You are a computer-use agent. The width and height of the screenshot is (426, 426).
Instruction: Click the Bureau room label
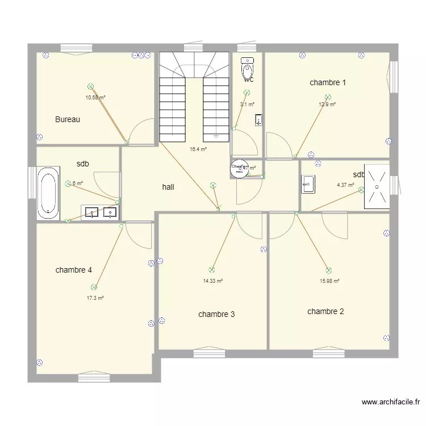(68, 119)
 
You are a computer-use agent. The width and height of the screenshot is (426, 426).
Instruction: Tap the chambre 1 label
(328, 82)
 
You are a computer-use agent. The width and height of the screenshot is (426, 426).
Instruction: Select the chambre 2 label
(325, 311)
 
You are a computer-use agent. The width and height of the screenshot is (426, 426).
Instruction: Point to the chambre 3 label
(216, 314)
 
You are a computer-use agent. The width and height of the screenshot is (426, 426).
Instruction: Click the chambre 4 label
(74, 270)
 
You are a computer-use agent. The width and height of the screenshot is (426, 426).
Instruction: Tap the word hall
(168, 186)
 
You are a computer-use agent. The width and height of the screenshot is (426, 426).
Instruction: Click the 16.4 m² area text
(198, 149)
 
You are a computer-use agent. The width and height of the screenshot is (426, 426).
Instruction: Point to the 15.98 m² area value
(329, 281)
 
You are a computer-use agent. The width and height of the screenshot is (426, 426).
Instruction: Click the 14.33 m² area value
(213, 281)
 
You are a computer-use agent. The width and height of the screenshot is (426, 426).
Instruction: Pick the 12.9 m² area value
(327, 105)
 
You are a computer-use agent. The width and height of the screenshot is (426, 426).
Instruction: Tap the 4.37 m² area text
(345, 185)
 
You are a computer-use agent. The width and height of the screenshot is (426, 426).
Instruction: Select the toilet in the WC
(248, 69)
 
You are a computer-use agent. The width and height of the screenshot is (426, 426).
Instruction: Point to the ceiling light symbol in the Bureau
(90, 86)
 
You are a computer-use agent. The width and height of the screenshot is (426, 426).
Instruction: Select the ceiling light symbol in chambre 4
(94, 287)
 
